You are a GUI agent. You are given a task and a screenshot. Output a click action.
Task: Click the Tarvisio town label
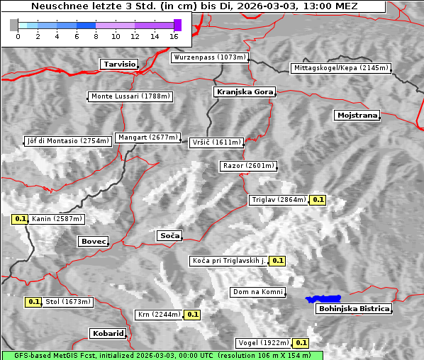[x=118, y=64]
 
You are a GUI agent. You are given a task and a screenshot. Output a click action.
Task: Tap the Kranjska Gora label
[x=243, y=92]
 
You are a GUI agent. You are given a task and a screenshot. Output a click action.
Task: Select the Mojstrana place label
[x=357, y=115]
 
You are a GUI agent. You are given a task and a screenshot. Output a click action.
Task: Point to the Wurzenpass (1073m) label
[x=210, y=57]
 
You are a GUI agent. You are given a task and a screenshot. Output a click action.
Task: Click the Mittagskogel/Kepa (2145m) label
[x=340, y=68]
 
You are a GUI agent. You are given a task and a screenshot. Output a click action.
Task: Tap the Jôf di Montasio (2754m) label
[x=68, y=141]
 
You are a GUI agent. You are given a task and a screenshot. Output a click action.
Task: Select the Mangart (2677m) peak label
[x=148, y=137]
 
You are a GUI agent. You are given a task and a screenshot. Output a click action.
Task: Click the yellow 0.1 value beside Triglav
[x=318, y=200]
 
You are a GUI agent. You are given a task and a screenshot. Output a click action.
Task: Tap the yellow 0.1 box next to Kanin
[x=20, y=219]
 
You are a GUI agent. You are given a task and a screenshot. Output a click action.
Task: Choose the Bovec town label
[x=93, y=242]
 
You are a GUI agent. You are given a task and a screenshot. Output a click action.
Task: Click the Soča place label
[x=169, y=235]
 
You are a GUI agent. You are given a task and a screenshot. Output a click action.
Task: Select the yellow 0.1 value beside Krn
[x=192, y=314]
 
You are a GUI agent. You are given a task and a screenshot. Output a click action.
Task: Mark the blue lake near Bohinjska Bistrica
[x=323, y=299]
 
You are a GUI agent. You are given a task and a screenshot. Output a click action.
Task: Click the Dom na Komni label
[x=258, y=292]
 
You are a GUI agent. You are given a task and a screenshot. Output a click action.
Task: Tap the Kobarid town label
[x=108, y=333]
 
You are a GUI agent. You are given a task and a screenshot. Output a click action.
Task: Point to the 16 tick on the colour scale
[x=174, y=35]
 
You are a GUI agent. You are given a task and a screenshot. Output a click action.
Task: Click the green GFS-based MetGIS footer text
[x=162, y=355]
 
